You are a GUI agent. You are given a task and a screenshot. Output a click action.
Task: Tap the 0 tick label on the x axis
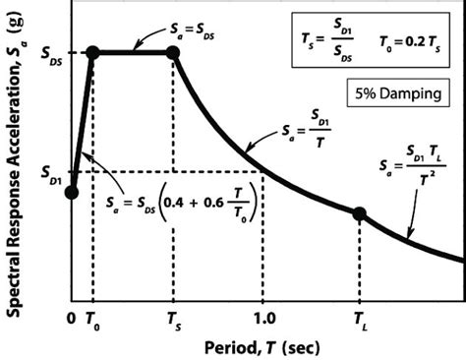(70, 319)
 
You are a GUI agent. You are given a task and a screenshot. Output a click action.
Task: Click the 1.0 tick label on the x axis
(262, 319)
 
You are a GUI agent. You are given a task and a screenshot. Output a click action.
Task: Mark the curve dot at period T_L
(359, 212)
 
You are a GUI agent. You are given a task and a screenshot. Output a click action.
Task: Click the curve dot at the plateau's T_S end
(174, 53)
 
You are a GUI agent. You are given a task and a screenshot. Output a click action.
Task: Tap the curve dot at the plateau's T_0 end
(93, 53)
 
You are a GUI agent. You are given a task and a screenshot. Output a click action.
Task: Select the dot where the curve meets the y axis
(71, 192)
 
